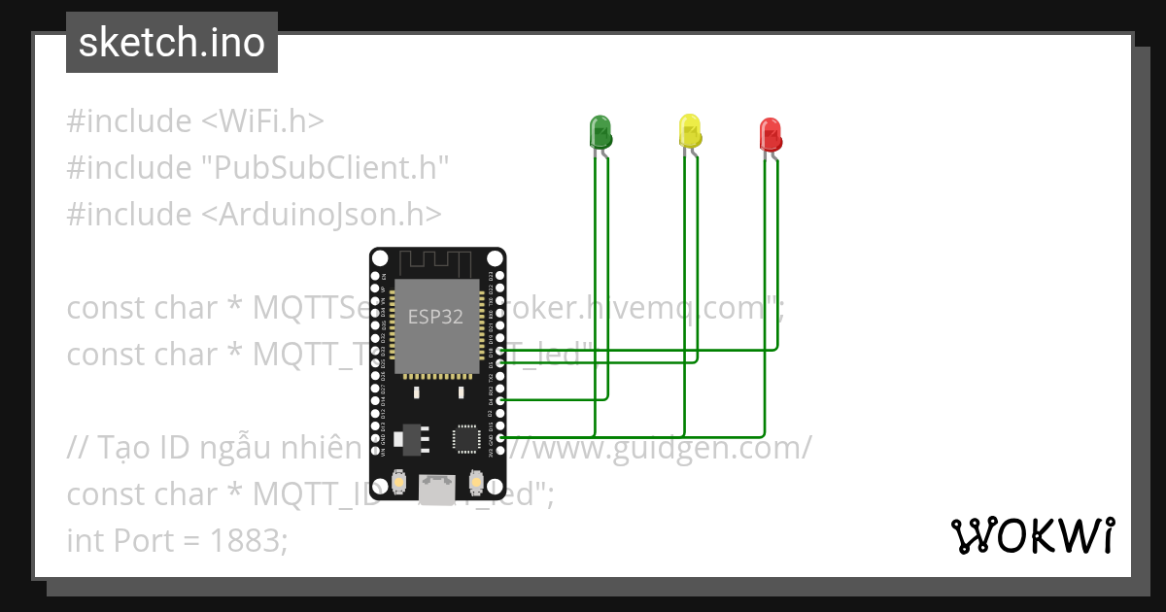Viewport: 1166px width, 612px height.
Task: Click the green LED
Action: click(x=600, y=131)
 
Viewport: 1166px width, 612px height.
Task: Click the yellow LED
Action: click(x=689, y=130)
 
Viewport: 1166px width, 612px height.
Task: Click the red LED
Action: click(x=770, y=133)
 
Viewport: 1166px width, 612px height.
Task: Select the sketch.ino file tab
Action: click(x=172, y=43)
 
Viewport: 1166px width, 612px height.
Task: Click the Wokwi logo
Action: click(x=1032, y=535)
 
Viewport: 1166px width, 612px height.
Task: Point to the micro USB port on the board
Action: click(x=437, y=489)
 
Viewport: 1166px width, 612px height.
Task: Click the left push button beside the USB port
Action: click(x=398, y=482)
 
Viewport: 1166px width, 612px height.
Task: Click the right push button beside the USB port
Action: click(x=476, y=482)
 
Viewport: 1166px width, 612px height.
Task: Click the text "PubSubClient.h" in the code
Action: click(x=326, y=168)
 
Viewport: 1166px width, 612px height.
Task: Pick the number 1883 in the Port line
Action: click(x=249, y=541)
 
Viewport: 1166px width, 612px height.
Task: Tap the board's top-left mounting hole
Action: click(x=380, y=258)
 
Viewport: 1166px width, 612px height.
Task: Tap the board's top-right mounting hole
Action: click(x=496, y=258)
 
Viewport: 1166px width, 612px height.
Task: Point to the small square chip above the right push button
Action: click(x=466, y=438)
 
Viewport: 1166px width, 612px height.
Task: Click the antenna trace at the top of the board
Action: click(x=437, y=262)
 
